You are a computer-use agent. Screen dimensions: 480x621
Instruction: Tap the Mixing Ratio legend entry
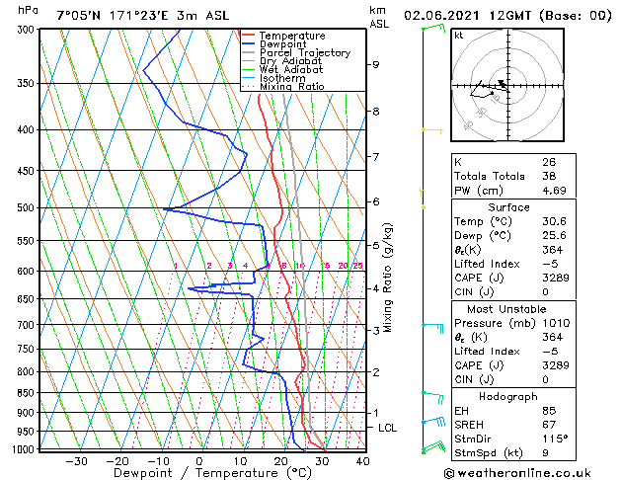point(291,87)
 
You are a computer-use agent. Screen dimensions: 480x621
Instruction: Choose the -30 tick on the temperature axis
point(75,461)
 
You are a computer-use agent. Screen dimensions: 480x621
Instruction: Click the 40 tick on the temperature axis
point(362,461)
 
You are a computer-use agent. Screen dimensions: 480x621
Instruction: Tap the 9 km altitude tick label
point(376,64)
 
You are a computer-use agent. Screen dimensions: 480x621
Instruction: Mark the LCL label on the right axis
point(388,428)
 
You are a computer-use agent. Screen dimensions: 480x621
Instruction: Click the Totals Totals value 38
point(548,176)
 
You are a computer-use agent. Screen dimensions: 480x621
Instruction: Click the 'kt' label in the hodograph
point(458,36)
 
